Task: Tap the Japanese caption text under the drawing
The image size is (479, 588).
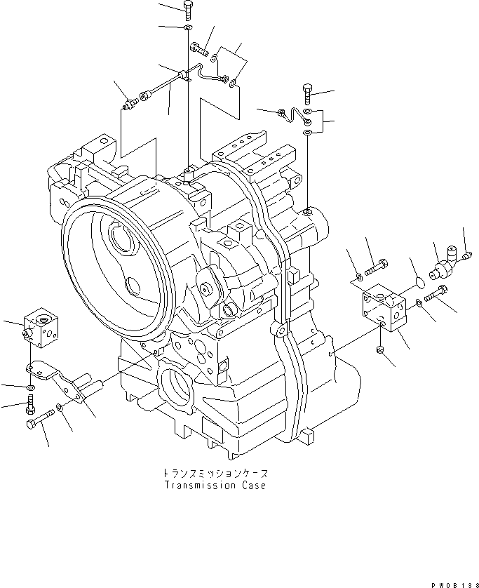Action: coord(215,474)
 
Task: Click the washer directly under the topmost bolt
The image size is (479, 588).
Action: coord(188,28)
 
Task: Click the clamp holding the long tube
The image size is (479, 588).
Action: coord(184,75)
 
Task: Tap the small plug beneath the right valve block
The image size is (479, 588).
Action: coord(381,351)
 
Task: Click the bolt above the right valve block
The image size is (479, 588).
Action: coord(375,267)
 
